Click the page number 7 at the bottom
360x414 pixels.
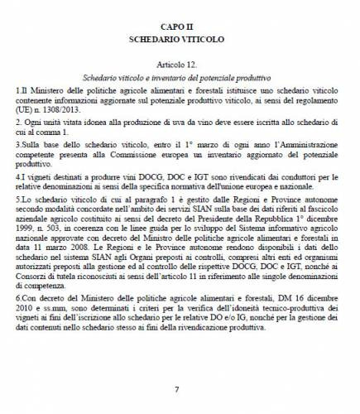tap(176, 388)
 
